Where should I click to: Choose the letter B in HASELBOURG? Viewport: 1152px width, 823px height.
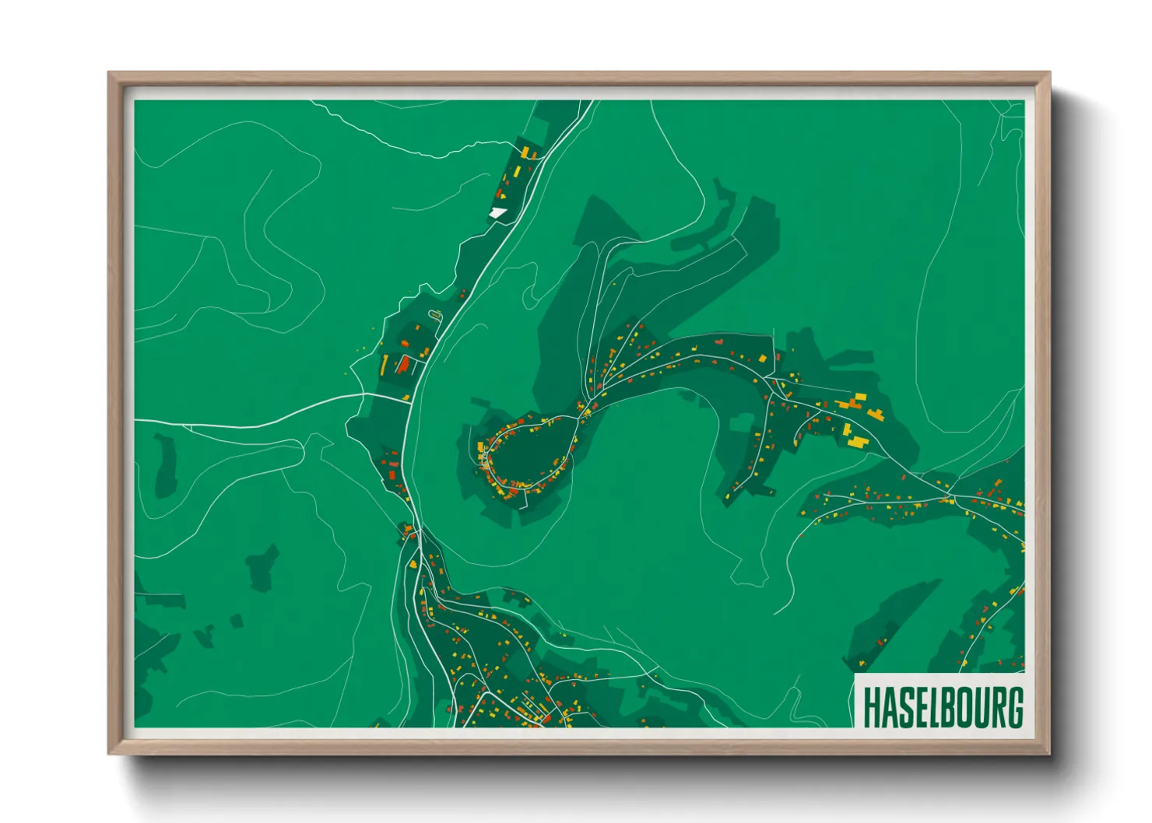943,706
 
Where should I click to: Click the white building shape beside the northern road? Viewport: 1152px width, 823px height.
497,212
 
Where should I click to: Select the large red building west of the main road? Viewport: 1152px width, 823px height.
403,363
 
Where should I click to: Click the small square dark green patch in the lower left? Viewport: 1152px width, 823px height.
237,621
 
